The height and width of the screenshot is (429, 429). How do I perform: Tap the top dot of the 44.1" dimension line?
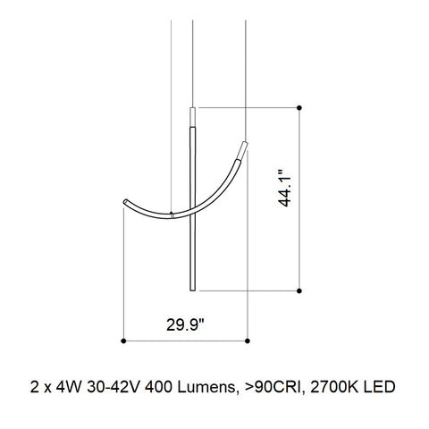click(299, 108)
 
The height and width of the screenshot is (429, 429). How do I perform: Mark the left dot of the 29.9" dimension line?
click(122, 341)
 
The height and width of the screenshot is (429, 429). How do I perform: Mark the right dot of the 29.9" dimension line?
click(246, 341)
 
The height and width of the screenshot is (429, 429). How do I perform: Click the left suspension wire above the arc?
click(171, 107)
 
